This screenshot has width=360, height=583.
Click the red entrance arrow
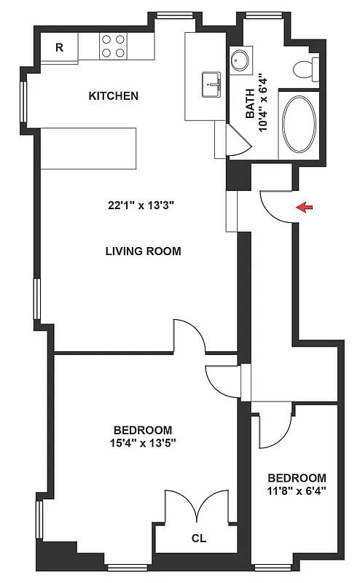point(305,208)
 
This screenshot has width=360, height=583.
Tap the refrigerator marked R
point(59,48)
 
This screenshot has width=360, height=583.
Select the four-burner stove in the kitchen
point(113,47)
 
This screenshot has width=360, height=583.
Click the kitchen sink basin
point(212,85)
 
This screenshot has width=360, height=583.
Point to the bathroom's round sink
point(239,61)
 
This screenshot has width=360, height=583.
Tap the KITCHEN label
point(113,96)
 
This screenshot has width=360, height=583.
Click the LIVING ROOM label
point(143,251)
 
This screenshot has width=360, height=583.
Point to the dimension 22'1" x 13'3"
point(141,205)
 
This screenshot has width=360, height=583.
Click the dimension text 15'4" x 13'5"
point(143,442)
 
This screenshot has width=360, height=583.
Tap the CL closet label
point(198,540)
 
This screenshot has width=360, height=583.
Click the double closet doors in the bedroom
point(198,506)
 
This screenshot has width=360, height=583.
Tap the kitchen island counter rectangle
point(88,148)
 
